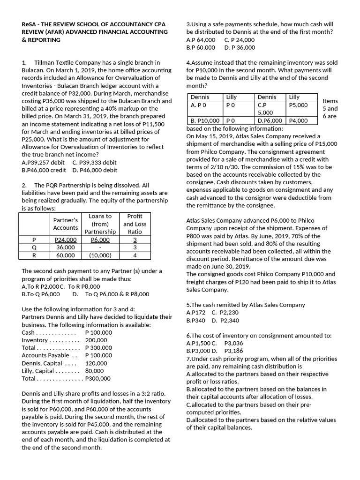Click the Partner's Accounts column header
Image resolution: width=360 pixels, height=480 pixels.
[65, 224]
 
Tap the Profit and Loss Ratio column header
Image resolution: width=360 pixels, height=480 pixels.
[135, 224]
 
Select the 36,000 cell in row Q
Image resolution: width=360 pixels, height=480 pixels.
[65, 247]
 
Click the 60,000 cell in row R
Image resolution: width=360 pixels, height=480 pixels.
[65, 255]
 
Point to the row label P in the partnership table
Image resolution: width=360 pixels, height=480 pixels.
[34, 240]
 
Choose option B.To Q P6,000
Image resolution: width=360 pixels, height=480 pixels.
[41, 294]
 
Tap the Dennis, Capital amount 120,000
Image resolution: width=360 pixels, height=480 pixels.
[96, 363]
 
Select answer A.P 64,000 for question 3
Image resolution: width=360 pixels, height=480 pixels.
[201, 40]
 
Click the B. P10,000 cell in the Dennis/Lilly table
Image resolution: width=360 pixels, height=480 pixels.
[205, 120]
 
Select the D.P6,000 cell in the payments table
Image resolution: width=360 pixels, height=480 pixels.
[270, 120]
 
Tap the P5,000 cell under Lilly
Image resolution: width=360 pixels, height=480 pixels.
[299, 105]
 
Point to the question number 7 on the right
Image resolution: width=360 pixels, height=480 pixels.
[188, 359]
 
